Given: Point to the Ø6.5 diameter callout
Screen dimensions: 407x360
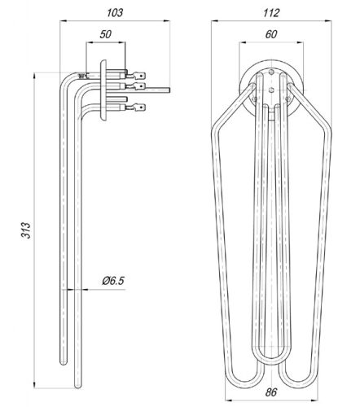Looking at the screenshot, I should pyautogui.click(x=113, y=281).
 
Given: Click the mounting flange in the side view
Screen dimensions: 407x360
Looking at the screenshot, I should pyautogui.click(x=103, y=90).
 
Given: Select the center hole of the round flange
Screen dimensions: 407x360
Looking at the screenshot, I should pyautogui.click(x=270, y=87).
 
